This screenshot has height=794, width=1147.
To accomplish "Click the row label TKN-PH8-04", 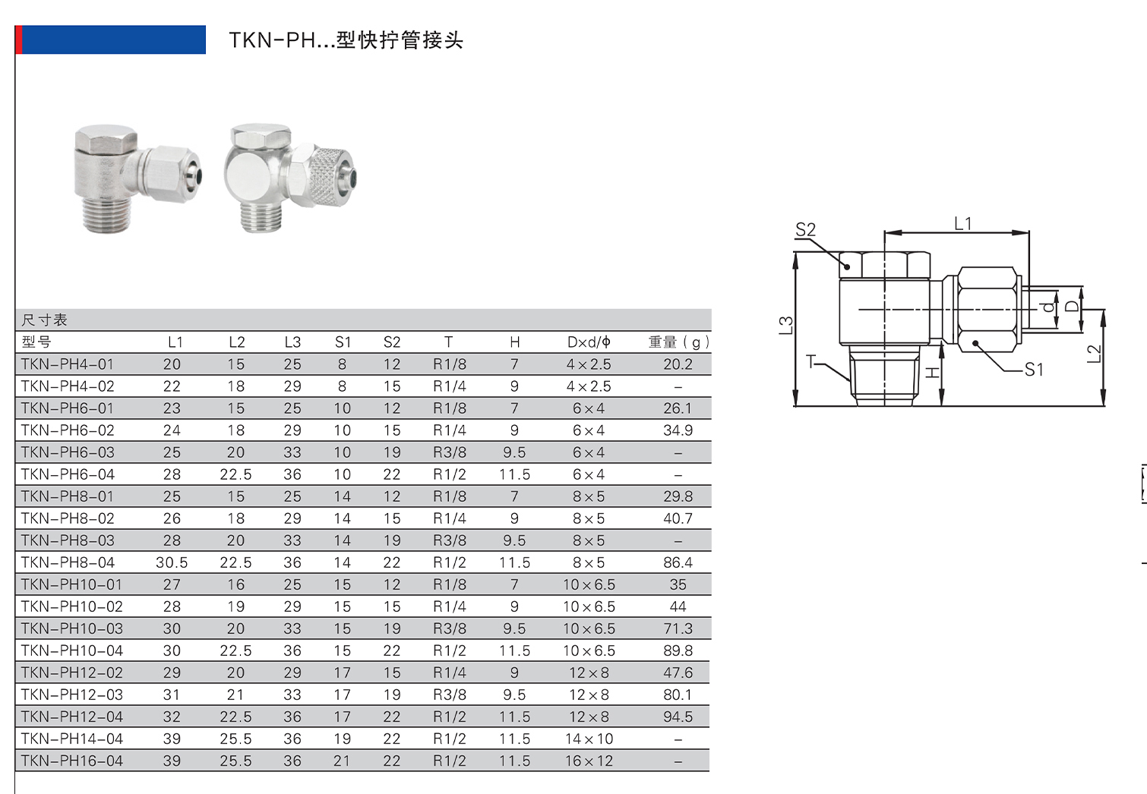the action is [68, 562].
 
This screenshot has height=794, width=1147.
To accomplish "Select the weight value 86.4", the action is [678, 562].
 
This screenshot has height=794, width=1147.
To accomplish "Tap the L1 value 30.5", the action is [172, 562].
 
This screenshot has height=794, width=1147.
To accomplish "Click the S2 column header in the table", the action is [392, 342].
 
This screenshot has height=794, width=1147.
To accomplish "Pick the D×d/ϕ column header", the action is [589, 342].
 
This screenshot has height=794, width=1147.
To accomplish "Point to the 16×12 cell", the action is [589, 761].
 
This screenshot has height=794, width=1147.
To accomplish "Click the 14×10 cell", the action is [589, 739].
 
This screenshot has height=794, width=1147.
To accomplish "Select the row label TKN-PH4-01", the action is [68, 364].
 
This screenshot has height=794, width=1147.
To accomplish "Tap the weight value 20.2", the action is [678, 364].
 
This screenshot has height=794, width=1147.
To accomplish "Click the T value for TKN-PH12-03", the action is [450, 695].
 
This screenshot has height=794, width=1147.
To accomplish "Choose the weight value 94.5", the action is [678, 717].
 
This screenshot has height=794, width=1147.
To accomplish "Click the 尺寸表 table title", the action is [45, 320].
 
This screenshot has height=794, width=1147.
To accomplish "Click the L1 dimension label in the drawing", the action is [962, 224].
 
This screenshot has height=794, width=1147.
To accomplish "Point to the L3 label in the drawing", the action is [786, 326].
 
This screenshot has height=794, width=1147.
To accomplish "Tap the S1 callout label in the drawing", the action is [1034, 370].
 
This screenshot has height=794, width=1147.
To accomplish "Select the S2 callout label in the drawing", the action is [805, 230].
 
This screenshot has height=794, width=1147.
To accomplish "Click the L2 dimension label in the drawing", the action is [1093, 354].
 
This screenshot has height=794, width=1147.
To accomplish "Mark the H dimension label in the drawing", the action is [933, 373].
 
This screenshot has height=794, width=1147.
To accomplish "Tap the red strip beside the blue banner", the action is [18, 39].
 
